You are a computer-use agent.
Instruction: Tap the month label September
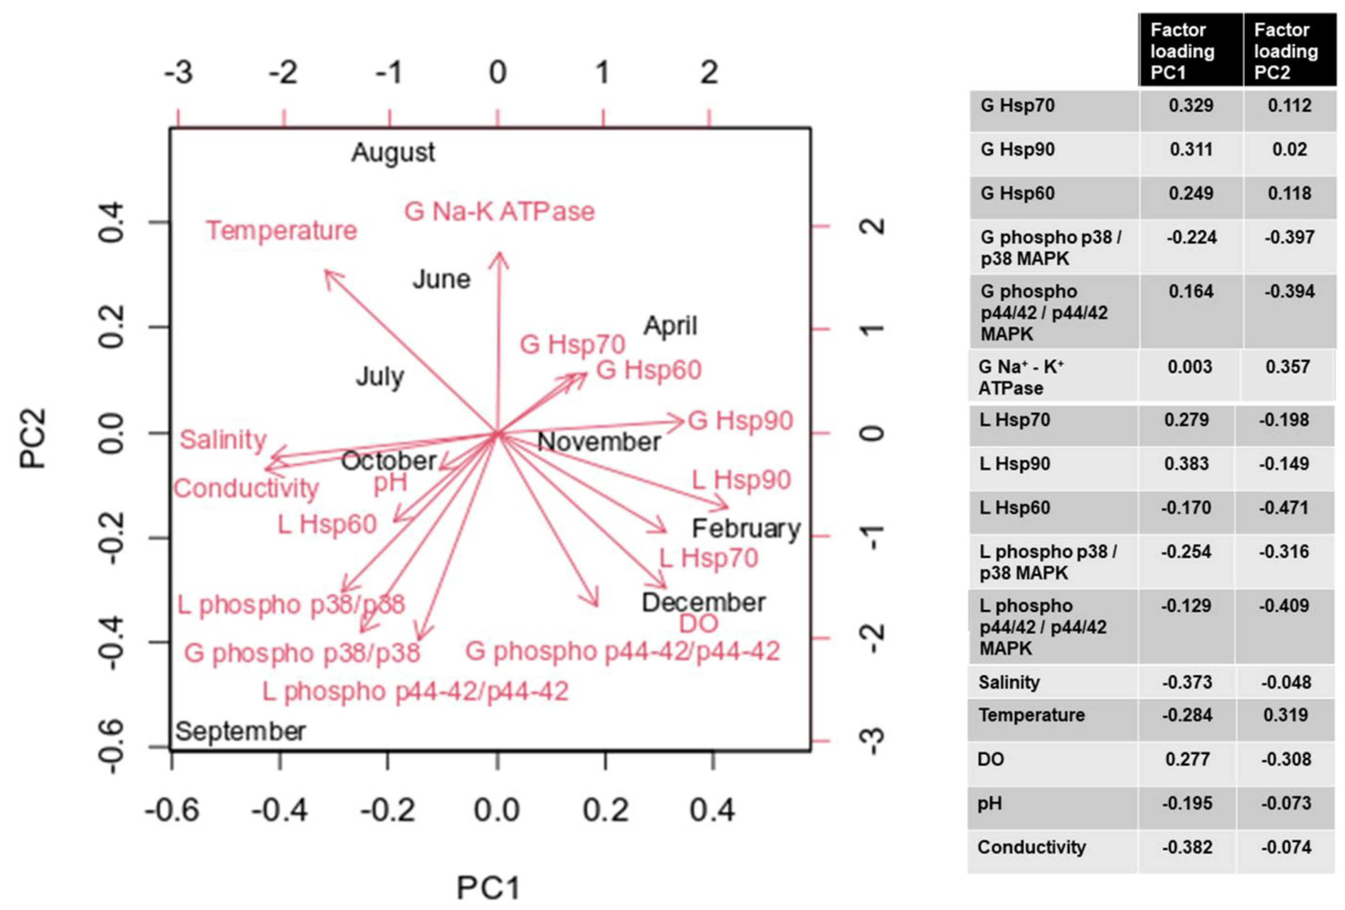(240, 732)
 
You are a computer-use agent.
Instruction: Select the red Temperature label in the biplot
(282, 231)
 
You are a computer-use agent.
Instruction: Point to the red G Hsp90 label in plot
(740, 421)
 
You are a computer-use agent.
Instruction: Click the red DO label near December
(699, 624)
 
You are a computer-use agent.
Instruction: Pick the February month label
(746, 528)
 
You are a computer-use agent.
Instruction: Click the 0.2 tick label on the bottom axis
(606, 810)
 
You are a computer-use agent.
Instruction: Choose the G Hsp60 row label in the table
(1017, 193)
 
